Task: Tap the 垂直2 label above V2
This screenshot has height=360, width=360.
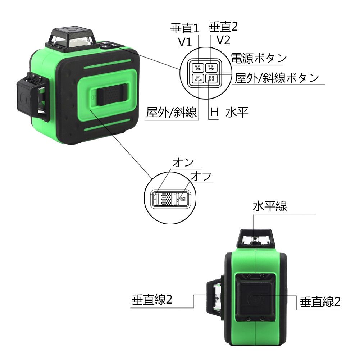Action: [223, 26]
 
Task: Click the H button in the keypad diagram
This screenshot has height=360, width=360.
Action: [211, 79]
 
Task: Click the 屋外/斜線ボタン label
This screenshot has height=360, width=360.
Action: [277, 77]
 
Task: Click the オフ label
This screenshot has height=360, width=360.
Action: [200, 177]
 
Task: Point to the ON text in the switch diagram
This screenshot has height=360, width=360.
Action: [183, 199]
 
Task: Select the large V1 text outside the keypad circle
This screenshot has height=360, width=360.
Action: [185, 42]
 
